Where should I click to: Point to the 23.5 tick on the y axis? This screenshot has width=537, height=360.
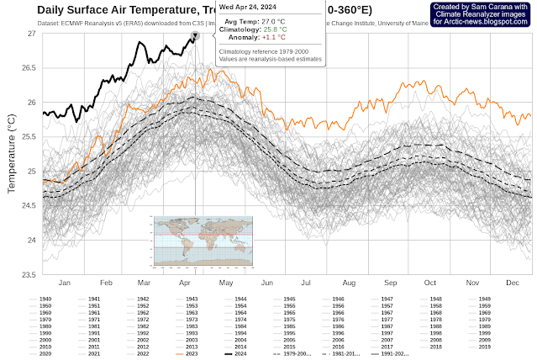[29, 274]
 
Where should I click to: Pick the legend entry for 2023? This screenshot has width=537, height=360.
[192, 354]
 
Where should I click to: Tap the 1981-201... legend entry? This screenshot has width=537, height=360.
[338, 354]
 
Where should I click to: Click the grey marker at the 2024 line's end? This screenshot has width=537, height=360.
[195, 36]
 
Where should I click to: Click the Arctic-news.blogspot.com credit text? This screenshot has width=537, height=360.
[482, 21]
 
